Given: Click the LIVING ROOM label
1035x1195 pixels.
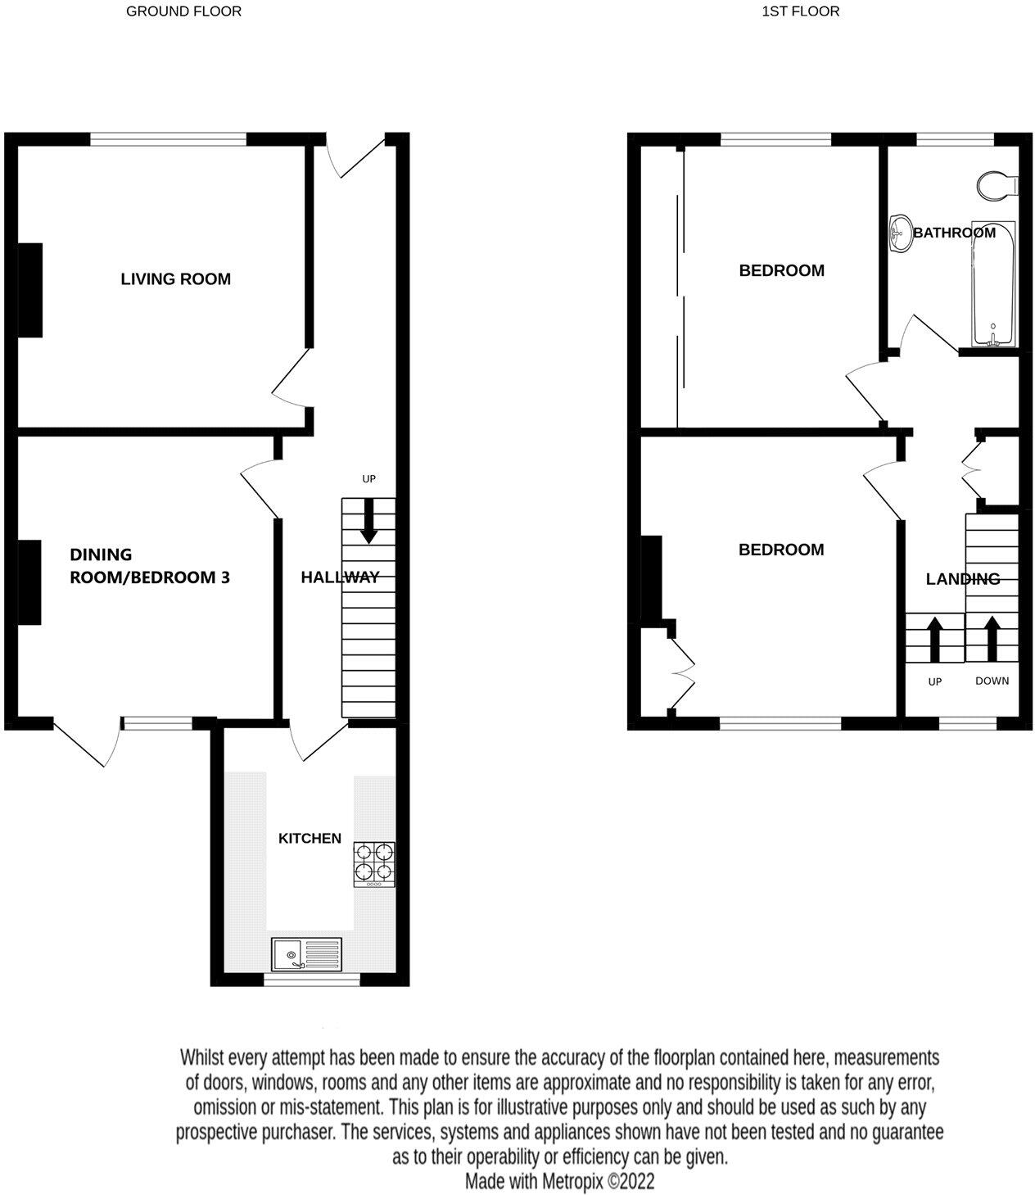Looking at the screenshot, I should pos(175,279).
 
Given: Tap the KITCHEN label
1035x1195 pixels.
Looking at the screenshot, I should pos(310,839).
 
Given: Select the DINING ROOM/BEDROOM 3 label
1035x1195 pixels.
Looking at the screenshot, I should pos(149,566).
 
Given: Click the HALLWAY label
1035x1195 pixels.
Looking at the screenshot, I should pos(340,577).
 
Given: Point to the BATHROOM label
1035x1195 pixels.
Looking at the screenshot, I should pos(954,233).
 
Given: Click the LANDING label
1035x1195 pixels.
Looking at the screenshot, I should pos(962,579).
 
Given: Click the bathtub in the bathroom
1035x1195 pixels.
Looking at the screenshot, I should pos(993,283).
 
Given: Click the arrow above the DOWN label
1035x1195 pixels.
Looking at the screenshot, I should pos(992,639).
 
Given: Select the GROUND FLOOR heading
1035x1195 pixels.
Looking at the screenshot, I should pos(183,11).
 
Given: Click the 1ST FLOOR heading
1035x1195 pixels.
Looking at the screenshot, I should pos(800,11).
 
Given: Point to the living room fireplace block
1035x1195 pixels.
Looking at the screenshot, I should pos(30,289).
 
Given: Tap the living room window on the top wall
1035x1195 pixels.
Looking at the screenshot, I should pos(168,139).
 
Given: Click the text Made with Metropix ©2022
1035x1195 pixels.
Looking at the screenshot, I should pos(559,1182).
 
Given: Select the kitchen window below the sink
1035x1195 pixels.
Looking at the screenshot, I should pos(311,979).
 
